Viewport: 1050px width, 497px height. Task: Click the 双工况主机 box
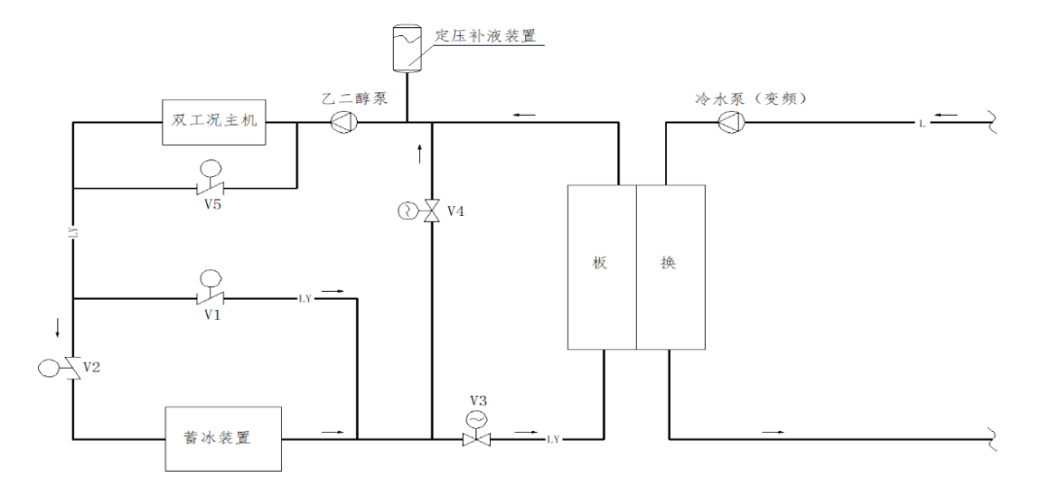point(216,122)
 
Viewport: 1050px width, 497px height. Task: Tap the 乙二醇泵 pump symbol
point(344,122)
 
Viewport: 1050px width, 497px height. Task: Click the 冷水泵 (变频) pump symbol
point(731,122)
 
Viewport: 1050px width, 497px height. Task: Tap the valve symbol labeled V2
point(72,368)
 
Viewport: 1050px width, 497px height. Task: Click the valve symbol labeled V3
point(476,438)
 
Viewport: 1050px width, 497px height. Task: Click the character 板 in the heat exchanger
point(600,263)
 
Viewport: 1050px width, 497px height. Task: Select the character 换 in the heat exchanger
point(668,263)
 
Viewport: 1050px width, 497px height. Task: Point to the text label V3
point(477,401)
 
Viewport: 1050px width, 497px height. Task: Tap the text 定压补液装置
point(485,36)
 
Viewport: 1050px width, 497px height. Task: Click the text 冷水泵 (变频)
point(752,97)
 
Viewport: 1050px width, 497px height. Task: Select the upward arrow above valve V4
point(420,153)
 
